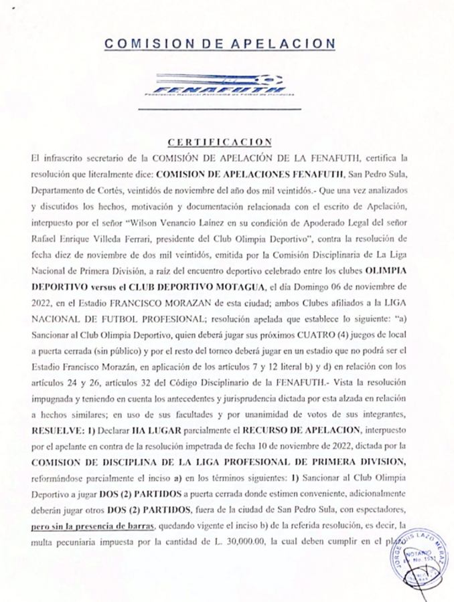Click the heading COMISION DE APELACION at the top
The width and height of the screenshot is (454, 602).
(x=220, y=44)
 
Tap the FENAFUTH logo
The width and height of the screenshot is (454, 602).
(x=219, y=86)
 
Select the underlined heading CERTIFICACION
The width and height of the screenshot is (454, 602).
(x=220, y=142)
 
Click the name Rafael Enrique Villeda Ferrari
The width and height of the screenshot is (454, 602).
(x=75, y=238)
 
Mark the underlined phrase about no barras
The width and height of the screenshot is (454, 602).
(x=93, y=527)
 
